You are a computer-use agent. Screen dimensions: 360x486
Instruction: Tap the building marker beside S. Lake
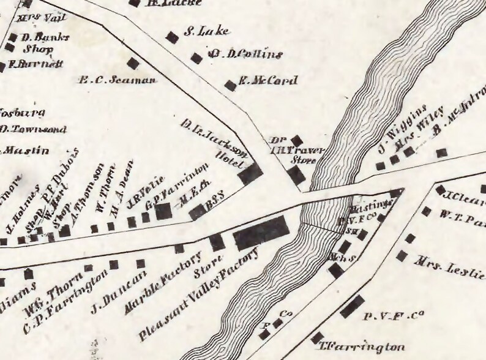(173, 37)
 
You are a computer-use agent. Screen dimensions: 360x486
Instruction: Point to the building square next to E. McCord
(230, 85)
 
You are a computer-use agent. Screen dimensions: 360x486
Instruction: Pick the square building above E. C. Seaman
(132, 63)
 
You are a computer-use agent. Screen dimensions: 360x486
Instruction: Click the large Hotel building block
(250, 174)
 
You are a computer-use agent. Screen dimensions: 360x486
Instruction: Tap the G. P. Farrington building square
(163, 212)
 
